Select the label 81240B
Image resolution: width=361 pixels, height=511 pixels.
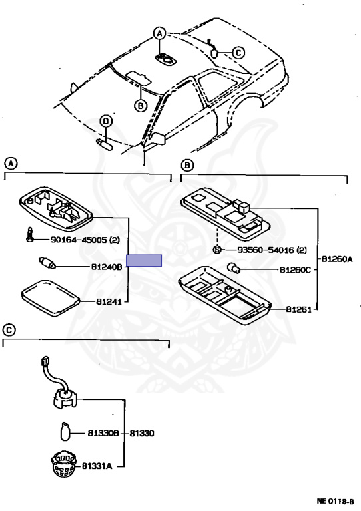point(107,267)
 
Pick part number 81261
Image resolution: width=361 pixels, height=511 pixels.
point(299,309)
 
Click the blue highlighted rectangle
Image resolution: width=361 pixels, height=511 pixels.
point(145,261)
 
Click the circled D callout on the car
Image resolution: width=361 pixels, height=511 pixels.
point(105,120)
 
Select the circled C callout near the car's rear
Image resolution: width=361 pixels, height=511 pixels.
point(238,53)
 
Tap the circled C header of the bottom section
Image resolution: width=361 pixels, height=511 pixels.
point(9,330)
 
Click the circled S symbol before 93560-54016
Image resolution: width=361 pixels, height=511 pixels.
point(216,250)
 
